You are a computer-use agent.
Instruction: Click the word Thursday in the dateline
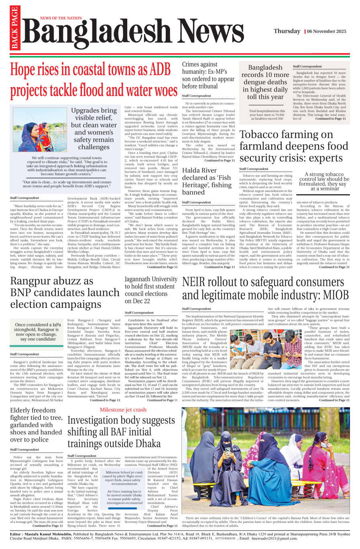pos(287,31)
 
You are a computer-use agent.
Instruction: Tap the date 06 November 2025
pos(327,31)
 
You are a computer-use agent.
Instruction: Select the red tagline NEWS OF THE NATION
pos(61,18)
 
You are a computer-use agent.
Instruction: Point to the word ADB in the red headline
pos(160,70)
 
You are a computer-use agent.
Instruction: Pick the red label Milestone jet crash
pos(123,410)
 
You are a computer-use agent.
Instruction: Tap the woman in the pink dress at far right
pos(334,477)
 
